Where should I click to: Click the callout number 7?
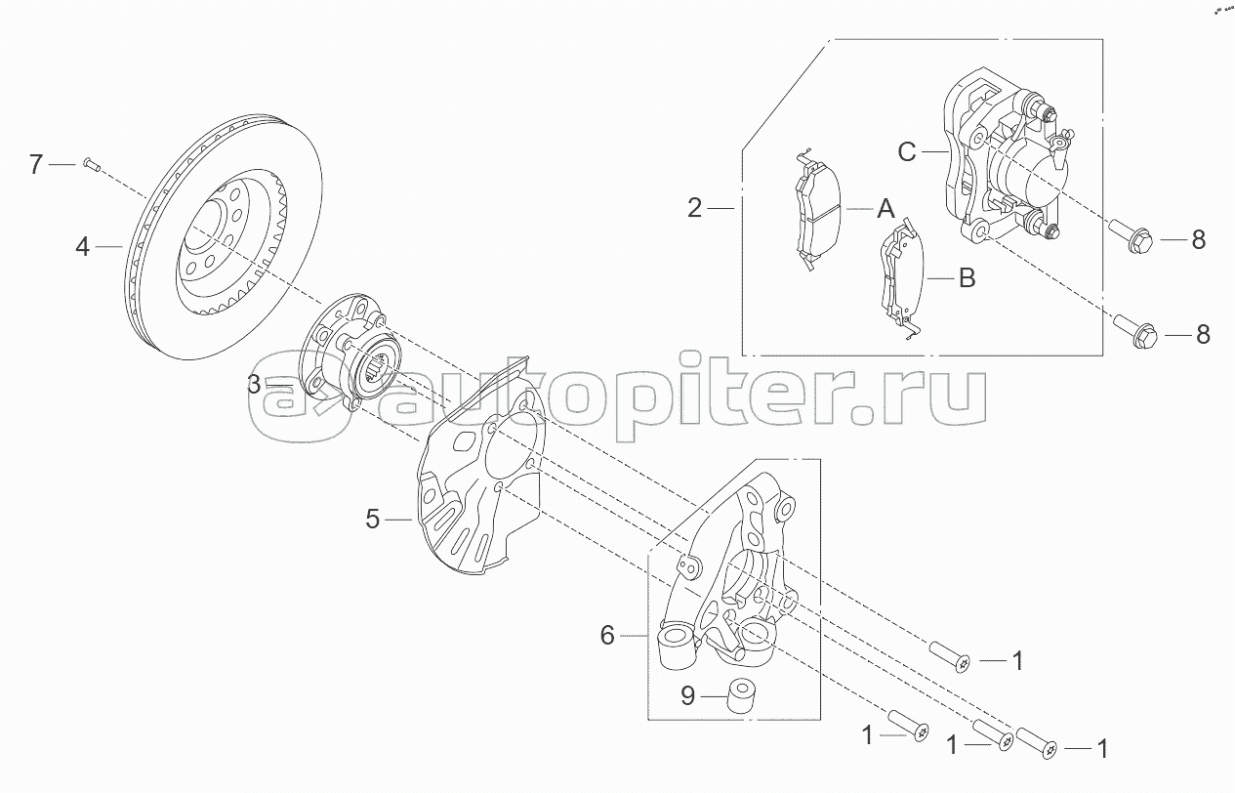pos(36,164)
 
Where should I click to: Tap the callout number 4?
pos(83,247)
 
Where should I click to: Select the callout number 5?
pos(372,520)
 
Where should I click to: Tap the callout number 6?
pos(607,636)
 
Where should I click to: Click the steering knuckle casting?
pos(742,576)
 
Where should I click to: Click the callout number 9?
pos(687,696)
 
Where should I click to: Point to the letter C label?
pos(907,151)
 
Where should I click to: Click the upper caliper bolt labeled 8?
pos(1133,237)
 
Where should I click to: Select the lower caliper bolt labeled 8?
pos(1136,333)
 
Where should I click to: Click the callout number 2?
pos(694,208)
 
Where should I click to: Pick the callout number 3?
pos(254,385)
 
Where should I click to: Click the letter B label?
pos(967,279)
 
